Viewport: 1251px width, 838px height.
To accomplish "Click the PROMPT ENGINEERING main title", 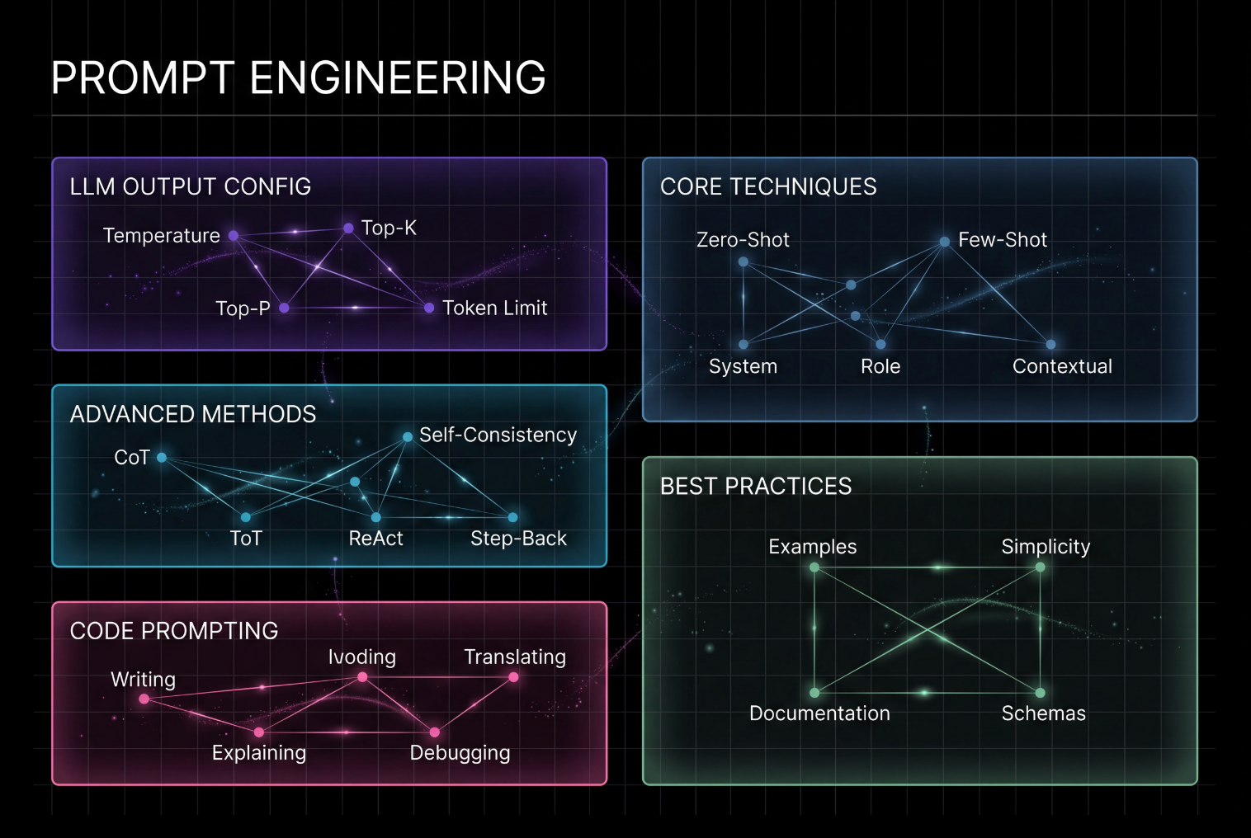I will click(x=298, y=78).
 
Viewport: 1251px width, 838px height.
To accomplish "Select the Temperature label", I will click(x=162, y=236).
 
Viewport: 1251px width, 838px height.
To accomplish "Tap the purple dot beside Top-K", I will click(x=348, y=228).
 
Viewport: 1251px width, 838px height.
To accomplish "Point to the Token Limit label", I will click(x=495, y=308).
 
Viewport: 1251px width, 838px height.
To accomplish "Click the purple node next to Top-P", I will click(x=284, y=308).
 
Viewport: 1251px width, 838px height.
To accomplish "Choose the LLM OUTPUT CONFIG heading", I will click(x=191, y=187).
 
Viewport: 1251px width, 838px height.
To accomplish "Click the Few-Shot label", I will click(x=1003, y=240).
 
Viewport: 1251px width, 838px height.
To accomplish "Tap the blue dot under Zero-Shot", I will click(x=744, y=261).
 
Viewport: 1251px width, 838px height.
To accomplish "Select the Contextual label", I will click(x=1062, y=366).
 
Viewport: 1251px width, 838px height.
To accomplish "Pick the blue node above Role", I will click(x=880, y=344).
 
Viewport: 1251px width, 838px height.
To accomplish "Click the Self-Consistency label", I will click(x=498, y=435).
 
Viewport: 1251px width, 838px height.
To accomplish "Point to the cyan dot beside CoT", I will click(x=162, y=458).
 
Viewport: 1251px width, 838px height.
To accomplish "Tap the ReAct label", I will click(x=375, y=539).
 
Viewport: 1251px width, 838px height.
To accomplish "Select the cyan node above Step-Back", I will click(x=512, y=517).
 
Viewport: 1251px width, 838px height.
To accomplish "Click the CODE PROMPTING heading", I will click(x=174, y=631).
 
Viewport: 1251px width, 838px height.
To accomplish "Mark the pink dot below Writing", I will click(x=144, y=699).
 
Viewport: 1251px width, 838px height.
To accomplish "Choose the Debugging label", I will click(x=460, y=753).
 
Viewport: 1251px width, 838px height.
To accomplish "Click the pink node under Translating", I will click(x=513, y=677).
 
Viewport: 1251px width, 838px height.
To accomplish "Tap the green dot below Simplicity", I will click(x=1040, y=567).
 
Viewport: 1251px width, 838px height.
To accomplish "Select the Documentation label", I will click(x=819, y=713).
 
